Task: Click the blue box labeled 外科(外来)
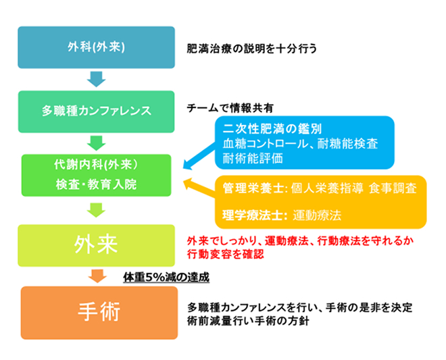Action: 96,47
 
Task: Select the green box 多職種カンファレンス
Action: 96,111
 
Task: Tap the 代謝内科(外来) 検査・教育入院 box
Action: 96,175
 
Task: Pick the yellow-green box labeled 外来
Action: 96,245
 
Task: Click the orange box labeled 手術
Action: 99,313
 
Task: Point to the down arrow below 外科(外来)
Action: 96,79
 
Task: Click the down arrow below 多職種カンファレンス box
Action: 96,143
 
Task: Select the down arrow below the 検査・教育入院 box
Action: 96,210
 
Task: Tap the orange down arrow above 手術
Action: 97,276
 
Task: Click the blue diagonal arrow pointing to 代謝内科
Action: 199,156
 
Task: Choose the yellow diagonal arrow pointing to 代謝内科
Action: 199,188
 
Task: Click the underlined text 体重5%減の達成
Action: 166,277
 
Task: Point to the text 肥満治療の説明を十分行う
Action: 252,49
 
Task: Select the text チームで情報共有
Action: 230,108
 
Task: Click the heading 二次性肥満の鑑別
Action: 272,129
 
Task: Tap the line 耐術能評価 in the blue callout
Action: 253,159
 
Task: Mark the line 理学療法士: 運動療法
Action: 282,215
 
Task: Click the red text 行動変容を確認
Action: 225,254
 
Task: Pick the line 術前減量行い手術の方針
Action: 248,321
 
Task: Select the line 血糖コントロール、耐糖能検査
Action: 300,144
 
